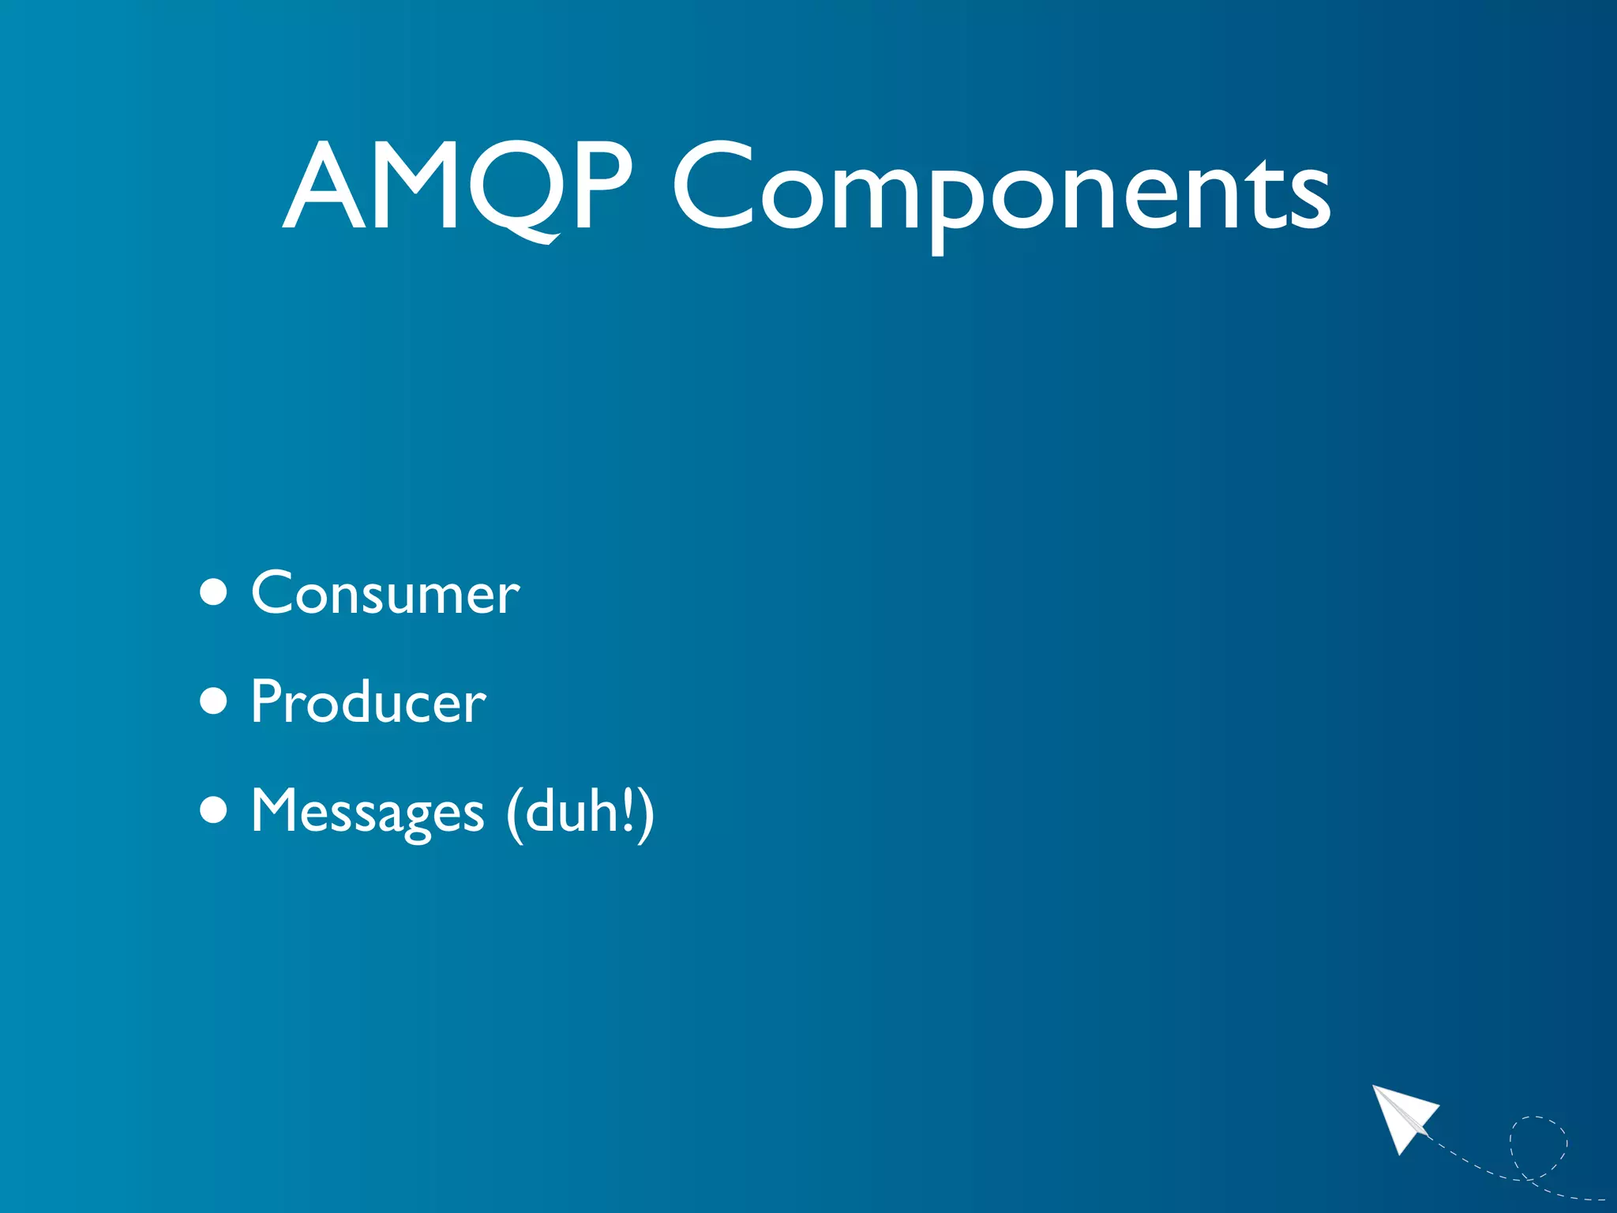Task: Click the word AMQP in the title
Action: (458, 188)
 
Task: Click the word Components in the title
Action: (1001, 190)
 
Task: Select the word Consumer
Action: (385, 594)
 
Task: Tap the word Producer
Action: (368, 702)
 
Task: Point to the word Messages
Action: (368, 812)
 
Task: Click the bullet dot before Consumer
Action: (214, 592)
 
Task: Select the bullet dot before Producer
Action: (214, 700)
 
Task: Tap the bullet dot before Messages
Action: (214, 809)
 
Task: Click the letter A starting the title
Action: (325, 188)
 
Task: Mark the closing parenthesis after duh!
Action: (647, 813)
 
